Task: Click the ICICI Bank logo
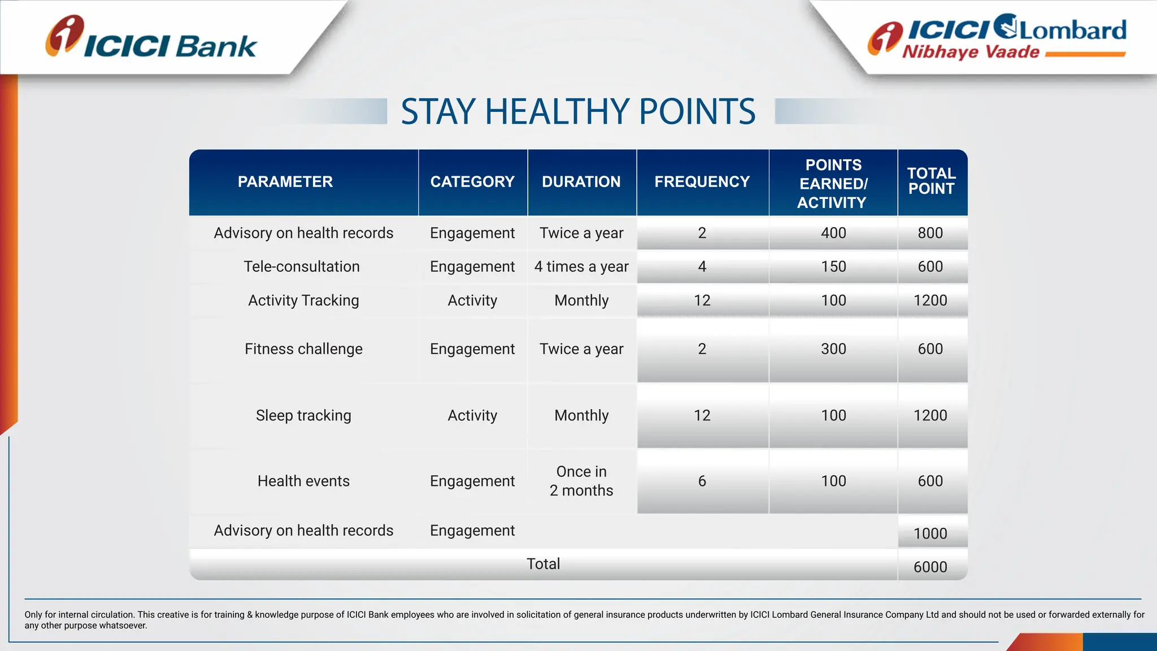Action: pyautogui.click(x=151, y=38)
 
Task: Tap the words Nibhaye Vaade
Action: pyautogui.click(x=971, y=52)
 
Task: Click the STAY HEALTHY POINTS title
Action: pyautogui.click(x=578, y=111)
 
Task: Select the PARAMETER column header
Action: pyautogui.click(x=285, y=182)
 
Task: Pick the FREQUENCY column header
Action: pyautogui.click(x=702, y=182)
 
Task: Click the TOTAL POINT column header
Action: pyautogui.click(x=931, y=181)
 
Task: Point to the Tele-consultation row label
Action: pyautogui.click(x=302, y=267)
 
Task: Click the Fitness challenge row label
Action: pyautogui.click(x=303, y=349)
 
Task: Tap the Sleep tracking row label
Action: pyautogui.click(x=303, y=415)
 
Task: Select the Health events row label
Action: pyautogui.click(x=303, y=481)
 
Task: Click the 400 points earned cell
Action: pyautogui.click(x=833, y=233)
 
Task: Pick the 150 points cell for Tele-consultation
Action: pyautogui.click(x=833, y=267)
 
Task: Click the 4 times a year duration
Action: pyautogui.click(x=581, y=267)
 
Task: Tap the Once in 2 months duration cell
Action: pyautogui.click(x=581, y=481)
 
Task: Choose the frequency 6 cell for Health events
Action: pyautogui.click(x=702, y=481)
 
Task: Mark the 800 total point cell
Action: pyautogui.click(x=930, y=233)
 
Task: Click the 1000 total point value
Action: pyautogui.click(x=930, y=533)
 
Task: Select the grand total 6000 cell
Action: pyautogui.click(x=930, y=567)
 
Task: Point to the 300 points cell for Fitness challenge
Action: pyautogui.click(x=833, y=349)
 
